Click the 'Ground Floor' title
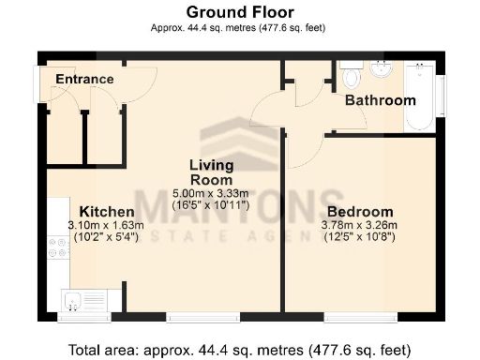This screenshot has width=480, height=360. pyautogui.click(x=240, y=11)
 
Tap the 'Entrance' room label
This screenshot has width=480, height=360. pyautogui.click(x=83, y=79)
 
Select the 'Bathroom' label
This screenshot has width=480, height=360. pyautogui.click(x=380, y=100)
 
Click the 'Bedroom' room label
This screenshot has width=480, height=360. pyautogui.click(x=359, y=212)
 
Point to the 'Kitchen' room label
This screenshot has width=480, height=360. pyautogui.click(x=105, y=211)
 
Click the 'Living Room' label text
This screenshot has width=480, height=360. pyautogui.click(x=211, y=172)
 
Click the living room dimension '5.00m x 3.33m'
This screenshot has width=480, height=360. pyautogui.click(x=212, y=192)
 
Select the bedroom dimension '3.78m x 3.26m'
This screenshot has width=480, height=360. pyautogui.click(x=360, y=225)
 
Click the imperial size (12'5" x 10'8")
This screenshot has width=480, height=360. pyautogui.click(x=360, y=237)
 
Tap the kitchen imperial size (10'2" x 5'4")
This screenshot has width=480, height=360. pyautogui.click(x=105, y=236)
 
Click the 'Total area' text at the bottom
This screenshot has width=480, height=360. pyautogui.click(x=240, y=350)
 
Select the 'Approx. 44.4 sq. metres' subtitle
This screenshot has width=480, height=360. pyautogui.click(x=240, y=28)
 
